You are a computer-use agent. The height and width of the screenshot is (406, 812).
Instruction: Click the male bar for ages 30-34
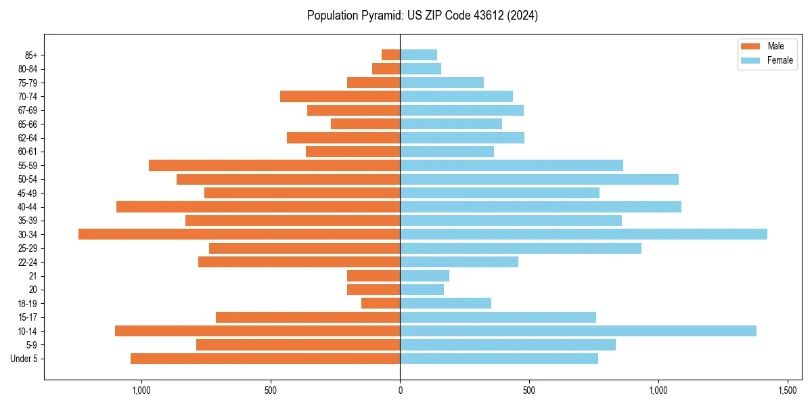click(239, 234)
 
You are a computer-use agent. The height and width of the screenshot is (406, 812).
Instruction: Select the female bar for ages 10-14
click(578, 331)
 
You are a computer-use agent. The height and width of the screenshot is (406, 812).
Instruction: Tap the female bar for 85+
click(418, 55)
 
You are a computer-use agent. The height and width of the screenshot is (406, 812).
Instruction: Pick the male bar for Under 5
click(265, 359)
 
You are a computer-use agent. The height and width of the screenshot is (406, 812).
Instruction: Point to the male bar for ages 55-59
click(274, 165)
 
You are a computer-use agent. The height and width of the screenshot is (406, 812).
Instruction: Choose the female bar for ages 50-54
click(539, 179)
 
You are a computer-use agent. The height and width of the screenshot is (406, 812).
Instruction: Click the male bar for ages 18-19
click(380, 303)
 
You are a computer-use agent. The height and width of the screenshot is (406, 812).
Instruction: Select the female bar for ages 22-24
click(459, 262)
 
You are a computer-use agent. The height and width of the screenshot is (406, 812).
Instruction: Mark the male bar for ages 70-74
click(340, 96)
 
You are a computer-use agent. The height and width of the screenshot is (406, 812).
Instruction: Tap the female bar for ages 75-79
click(442, 83)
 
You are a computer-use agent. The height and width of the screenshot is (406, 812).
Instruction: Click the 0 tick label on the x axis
click(400, 390)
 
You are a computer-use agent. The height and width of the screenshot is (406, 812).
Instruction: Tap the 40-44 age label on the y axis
click(28, 207)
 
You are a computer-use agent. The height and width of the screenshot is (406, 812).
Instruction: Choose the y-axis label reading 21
click(33, 276)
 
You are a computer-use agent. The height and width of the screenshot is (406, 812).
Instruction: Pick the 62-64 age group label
click(28, 138)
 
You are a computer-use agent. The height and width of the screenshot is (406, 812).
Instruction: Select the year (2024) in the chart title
click(524, 16)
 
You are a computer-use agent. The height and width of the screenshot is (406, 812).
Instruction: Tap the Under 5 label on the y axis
click(24, 359)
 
